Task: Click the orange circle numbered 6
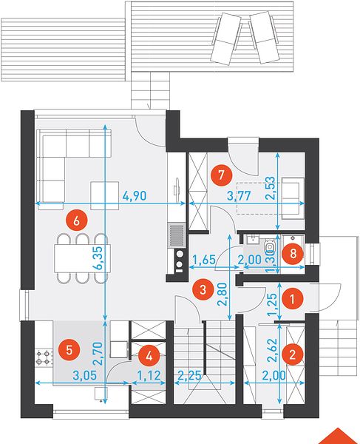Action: click(76, 221)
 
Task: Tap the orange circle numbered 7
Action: click(221, 175)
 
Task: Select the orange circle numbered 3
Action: click(203, 290)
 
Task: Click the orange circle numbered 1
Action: click(293, 299)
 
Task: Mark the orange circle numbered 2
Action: click(293, 354)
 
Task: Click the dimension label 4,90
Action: click(135, 195)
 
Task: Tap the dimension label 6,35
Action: click(99, 258)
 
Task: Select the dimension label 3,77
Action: click(239, 195)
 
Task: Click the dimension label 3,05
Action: click(85, 375)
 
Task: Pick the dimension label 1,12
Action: click(149, 375)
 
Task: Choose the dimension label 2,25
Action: click(189, 376)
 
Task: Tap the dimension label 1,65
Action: click(204, 260)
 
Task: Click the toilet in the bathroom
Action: click(270, 246)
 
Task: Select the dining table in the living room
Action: click(82, 258)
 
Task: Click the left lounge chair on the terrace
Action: click(225, 39)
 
